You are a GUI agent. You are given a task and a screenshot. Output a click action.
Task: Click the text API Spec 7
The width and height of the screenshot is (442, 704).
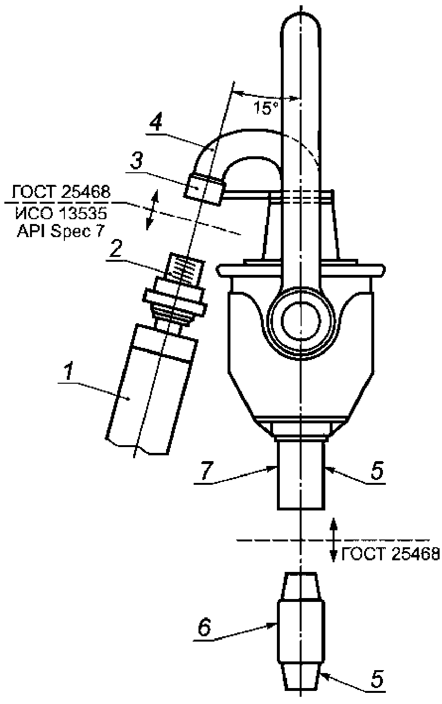(x=60, y=232)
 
